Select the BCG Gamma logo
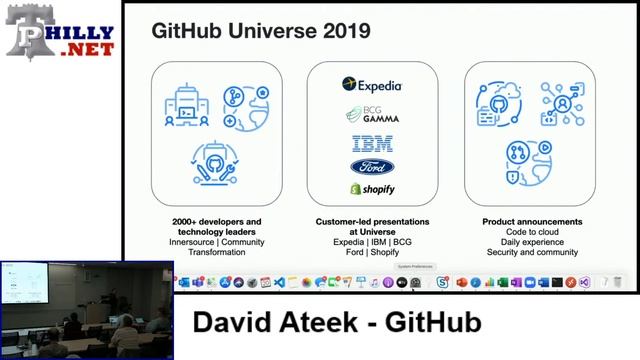[372, 114]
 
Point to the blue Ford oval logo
[372, 166]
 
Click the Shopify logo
[372, 188]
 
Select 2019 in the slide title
[343, 31]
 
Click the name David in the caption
[236, 323]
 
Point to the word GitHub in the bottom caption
[434, 323]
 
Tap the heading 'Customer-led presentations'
[372, 222]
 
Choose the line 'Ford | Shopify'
[372, 253]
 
